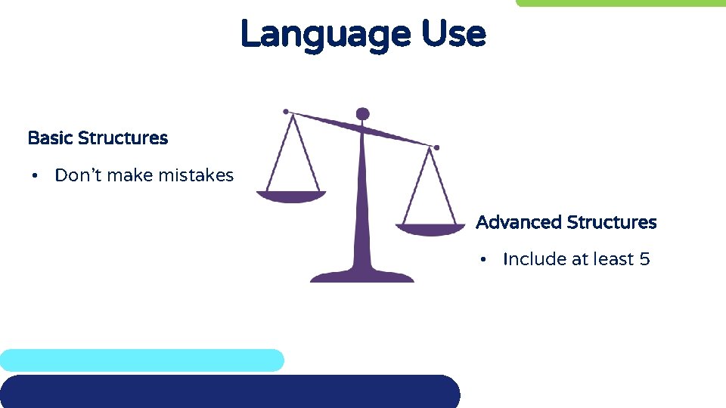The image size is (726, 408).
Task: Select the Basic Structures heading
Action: point(98,138)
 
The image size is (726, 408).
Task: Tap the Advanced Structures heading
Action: point(566,222)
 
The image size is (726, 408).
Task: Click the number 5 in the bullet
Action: point(644,259)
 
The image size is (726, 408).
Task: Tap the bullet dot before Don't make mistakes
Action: point(35,176)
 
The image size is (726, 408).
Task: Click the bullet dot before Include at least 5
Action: point(482,260)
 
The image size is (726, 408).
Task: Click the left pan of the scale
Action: point(291,196)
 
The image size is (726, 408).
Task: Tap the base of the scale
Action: point(362,275)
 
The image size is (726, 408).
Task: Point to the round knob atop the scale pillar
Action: point(363,114)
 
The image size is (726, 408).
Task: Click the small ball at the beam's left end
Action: point(286,112)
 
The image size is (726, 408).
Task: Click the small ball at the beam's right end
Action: point(436,147)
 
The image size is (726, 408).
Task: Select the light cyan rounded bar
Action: point(141,360)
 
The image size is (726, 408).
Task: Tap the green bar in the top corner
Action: point(620,3)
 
